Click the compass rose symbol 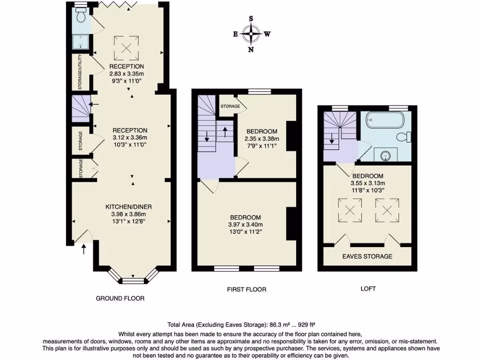coord(251,34)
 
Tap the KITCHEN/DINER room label coord(128,207)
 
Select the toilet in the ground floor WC coord(82,17)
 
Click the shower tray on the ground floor coord(82,43)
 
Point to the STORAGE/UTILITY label coord(80,72)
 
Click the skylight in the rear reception coord(126,45)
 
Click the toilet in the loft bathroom coord(404,137)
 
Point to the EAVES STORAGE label coord(367,256)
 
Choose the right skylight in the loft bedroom coord(387,210)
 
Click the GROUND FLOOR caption coord(120,298)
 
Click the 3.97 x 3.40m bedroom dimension coord(245,225)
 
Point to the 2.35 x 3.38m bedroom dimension coord(262,139)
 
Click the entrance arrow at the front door coord(84,249)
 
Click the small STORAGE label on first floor coord(230,106)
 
